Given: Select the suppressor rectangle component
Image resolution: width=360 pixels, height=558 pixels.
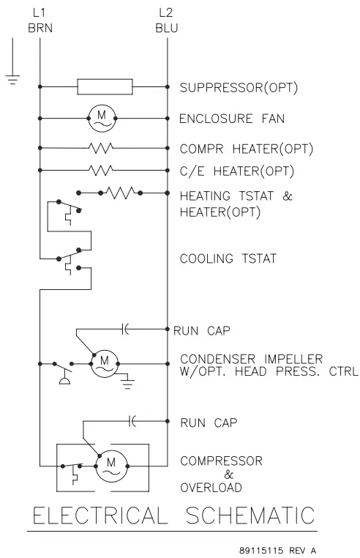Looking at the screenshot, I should point(105,87).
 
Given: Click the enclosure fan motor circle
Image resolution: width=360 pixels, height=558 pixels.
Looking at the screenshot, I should point(102,116).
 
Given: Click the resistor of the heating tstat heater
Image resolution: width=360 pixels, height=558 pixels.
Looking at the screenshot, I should point(120,193).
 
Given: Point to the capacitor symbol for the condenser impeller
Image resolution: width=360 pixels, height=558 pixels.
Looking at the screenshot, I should point(125,330).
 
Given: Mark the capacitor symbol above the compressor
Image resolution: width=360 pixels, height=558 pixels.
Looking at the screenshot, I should point(132,422).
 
